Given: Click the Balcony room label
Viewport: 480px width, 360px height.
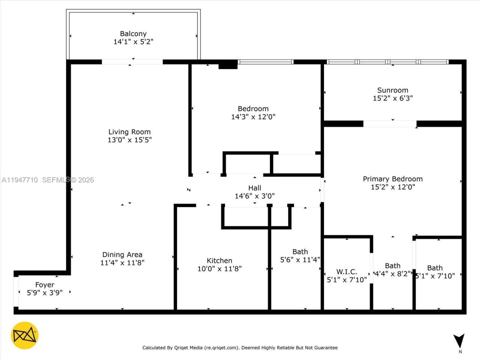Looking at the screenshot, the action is coord(133,34).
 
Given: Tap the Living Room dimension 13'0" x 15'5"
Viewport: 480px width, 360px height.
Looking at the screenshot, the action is coord(129,140).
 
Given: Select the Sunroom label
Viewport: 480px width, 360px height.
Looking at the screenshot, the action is coord(393,90).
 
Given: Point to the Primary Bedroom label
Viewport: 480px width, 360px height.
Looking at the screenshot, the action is coord(393,179).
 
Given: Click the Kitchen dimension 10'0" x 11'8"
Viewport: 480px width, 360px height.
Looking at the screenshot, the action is coord(219,268).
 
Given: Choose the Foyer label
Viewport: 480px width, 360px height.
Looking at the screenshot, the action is coord(45,285).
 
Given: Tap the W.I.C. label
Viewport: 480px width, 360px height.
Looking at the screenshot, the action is coord(346,272).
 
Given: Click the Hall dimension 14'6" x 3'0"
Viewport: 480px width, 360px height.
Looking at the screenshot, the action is coord(255,196).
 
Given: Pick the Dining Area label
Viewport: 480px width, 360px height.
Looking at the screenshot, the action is coord(122,255).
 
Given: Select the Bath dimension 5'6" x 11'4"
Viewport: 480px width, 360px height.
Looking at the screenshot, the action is coord(300,259).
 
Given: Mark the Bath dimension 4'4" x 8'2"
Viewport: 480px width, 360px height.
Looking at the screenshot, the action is coord(393,274).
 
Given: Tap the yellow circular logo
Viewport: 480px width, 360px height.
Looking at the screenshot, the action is coord(25,335).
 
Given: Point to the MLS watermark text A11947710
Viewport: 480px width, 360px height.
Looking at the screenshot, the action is coord(19,180).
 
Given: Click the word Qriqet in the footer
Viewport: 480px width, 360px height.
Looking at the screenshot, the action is coord(181,348).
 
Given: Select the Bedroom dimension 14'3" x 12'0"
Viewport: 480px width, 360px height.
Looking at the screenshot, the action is coord(253,117).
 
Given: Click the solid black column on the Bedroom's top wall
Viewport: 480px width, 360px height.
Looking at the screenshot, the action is coord(228,64).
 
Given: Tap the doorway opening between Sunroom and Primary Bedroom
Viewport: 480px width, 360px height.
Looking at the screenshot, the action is coord(390,124).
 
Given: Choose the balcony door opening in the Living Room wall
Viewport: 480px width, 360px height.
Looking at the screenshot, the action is coord(132,62).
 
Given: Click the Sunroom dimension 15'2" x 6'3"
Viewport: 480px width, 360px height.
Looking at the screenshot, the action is coord(393,98).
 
